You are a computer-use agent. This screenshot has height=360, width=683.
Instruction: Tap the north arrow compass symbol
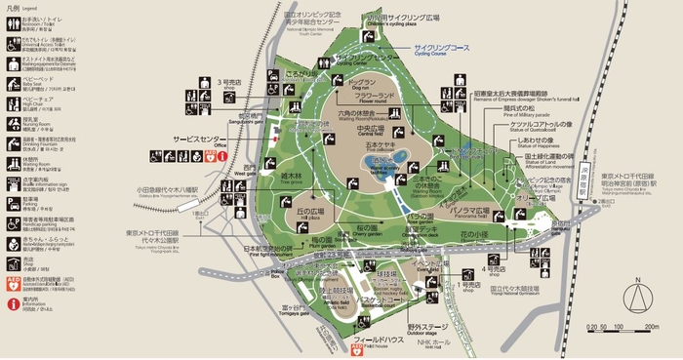pyautogui.click(x=637, y=293)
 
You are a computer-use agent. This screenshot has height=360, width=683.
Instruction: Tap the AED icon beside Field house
pyautogui.click(x=358, y=348)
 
